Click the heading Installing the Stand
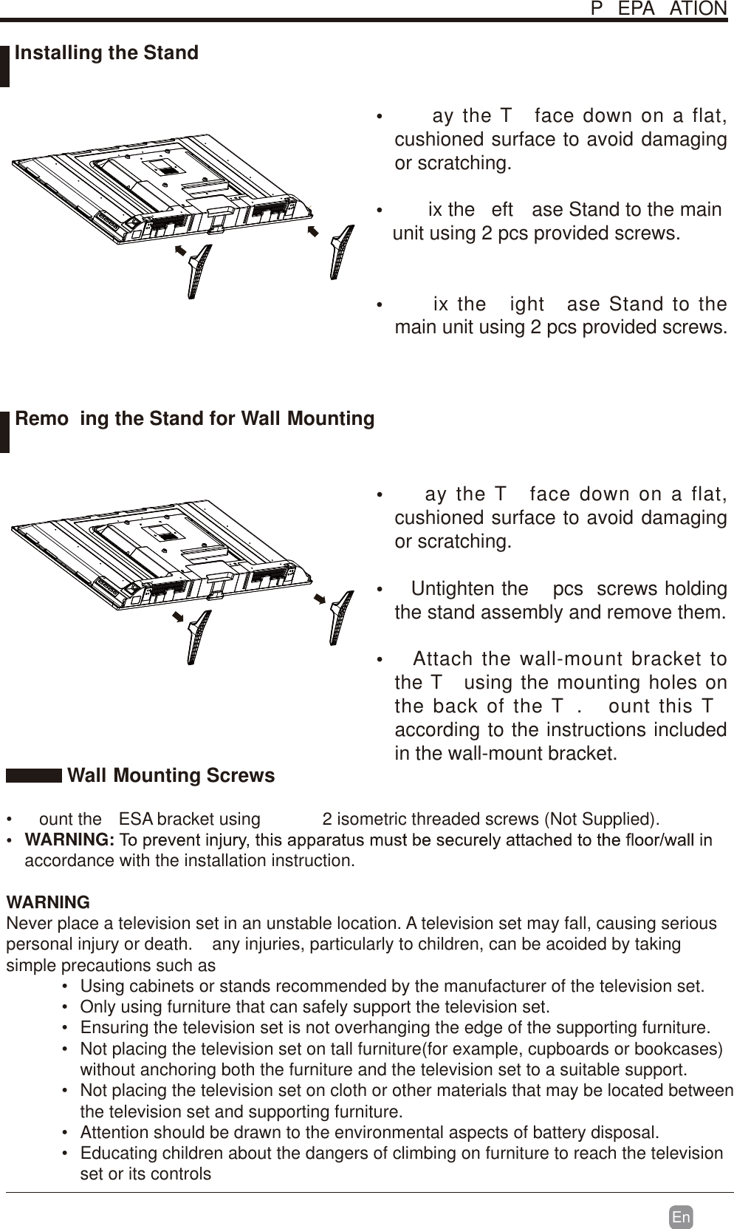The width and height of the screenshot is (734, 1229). click(106, 53)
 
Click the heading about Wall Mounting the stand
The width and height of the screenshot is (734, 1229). click(194, 419)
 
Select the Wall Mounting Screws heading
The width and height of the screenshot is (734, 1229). click(171, 775)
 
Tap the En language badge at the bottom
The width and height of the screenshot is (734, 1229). click(681, 1217)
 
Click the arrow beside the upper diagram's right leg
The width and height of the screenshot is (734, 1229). click(312, 233)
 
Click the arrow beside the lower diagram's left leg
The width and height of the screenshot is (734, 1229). click(178, 616)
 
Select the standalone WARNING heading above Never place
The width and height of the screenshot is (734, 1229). click(48, 902)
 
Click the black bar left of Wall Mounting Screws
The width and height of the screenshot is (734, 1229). click(34, 775)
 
